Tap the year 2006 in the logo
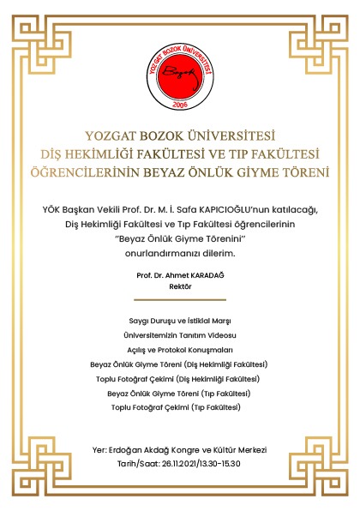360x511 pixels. coord(180,104)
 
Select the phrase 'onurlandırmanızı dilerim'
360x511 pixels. coord(180,254)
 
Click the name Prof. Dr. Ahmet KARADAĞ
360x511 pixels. coord(180,275)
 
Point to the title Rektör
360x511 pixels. coord(180,287)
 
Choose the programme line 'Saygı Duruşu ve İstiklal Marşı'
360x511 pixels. coord(180,319)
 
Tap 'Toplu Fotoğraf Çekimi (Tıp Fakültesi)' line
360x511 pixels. coord(180,406)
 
